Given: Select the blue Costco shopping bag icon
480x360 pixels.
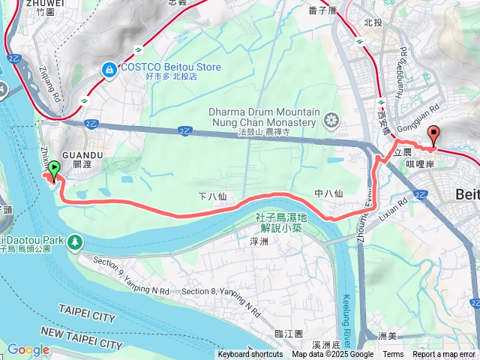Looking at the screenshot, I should coord(109,68).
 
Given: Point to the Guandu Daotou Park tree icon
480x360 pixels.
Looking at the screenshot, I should coord(75,241).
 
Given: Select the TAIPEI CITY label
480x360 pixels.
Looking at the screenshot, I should coord(87,318).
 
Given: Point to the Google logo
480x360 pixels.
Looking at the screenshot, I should coord(28,349).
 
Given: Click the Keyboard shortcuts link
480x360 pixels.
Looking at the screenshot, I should coord(250,355).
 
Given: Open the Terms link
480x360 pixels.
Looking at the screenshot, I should coord(393,355).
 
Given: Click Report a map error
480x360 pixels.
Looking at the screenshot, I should coord(443,355).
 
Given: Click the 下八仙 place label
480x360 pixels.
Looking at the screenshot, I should coord(212,196).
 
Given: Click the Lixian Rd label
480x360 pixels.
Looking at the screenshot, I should coord(396,203).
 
